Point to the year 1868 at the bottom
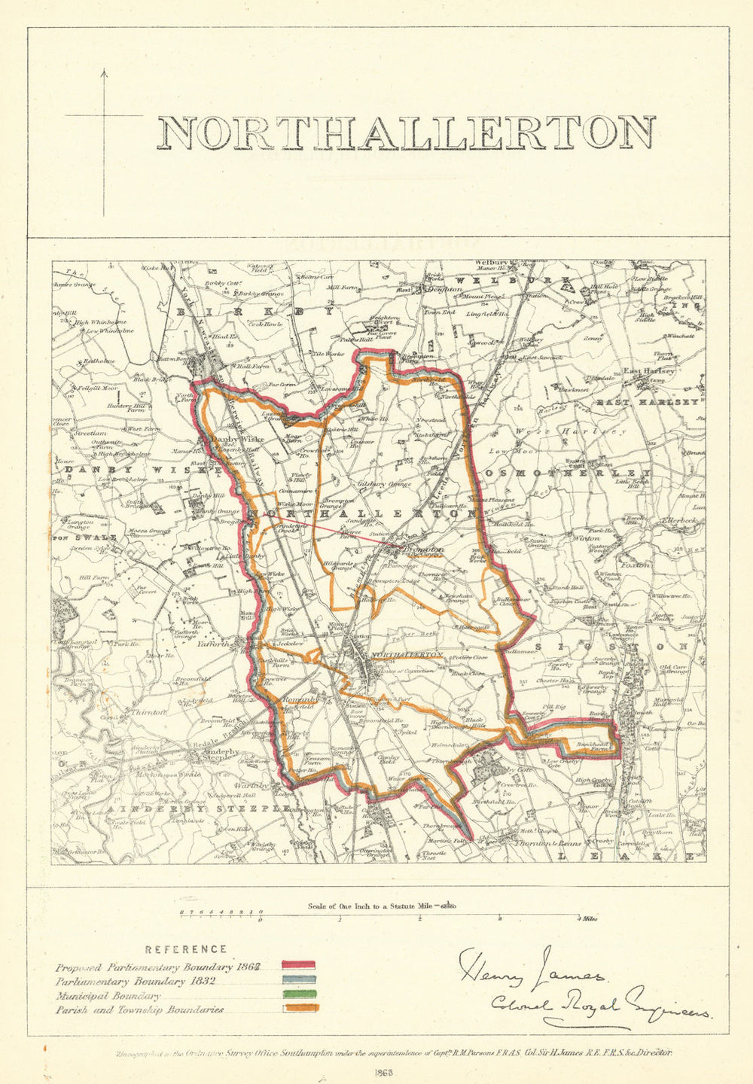pos(383,1075)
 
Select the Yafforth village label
pos(213,644)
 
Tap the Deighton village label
pos(444,288)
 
